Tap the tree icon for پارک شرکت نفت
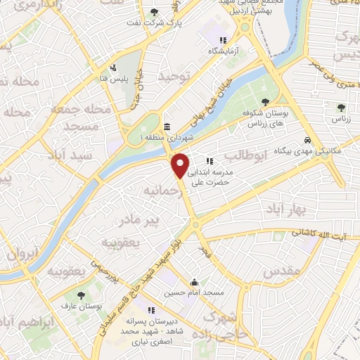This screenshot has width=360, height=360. tap(155, 12)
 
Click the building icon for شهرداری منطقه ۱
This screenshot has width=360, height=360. tap(166, 127)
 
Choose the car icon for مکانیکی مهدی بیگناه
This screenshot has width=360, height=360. tap(309, 141)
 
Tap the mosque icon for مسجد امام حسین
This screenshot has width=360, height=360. tap(194, 282)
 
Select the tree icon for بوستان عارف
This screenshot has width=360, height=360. tap(83, 295)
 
